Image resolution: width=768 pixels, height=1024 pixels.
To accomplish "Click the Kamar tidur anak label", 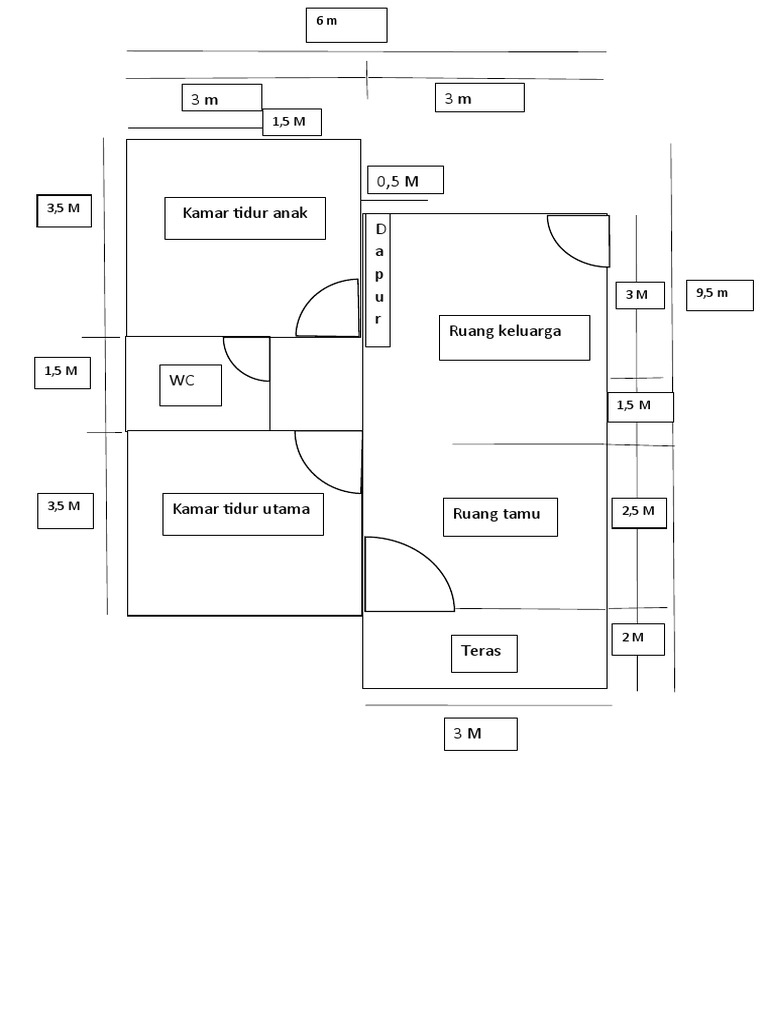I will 245,218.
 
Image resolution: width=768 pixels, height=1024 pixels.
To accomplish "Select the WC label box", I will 190,385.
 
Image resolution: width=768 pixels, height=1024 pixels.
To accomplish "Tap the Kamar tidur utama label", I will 242,513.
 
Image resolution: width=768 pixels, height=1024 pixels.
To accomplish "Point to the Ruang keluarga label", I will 514,337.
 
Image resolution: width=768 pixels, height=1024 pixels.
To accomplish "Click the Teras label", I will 484,654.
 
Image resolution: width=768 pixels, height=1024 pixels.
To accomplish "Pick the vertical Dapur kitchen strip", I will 378,279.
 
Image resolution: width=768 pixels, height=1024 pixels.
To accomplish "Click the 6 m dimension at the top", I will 346,25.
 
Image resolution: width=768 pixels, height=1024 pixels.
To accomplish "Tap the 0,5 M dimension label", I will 405,181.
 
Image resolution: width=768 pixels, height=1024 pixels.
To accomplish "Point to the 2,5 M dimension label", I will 638,512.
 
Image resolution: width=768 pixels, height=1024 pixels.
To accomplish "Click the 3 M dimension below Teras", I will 480,734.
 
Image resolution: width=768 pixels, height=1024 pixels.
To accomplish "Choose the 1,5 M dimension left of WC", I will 61,372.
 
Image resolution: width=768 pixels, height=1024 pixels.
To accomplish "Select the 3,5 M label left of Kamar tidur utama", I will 65,509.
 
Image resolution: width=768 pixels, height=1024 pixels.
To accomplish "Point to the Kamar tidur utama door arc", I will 328,462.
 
